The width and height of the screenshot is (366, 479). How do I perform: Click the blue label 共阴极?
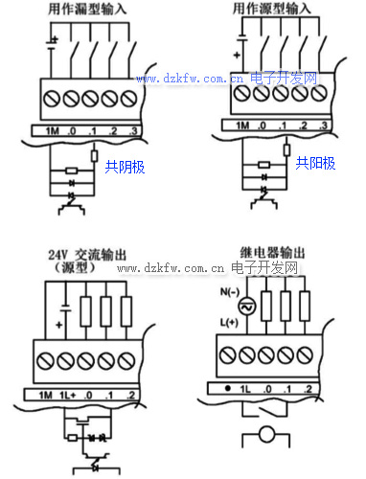click(x=125, y=167)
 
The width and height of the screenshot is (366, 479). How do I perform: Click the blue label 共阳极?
click(x=315, y=163)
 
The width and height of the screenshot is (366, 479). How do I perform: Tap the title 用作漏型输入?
click(x=87, y=9)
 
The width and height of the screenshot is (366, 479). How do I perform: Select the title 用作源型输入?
click(x=271, y=9)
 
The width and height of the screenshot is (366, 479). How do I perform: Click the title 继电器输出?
click(x=272, y=253)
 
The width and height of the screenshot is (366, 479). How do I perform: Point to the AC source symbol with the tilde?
click(x=247, y=307)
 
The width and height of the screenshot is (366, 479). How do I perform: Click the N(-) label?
click(x=230, y=292)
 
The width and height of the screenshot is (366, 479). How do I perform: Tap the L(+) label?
click(x=229, y=323)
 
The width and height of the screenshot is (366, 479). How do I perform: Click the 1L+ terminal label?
click(x=68, y=396)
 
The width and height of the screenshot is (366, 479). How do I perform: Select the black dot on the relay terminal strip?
click(x=228, y=389)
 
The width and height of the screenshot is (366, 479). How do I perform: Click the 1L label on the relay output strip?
click(x=245, y=389)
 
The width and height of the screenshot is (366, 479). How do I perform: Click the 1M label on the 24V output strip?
click(x=45, y=396)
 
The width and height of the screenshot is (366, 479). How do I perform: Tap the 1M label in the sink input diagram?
click(x=53, y=131)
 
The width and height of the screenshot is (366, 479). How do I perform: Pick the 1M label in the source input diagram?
click(x=242, y=125)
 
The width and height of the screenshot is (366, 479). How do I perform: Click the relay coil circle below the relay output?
click(x=266, y=434)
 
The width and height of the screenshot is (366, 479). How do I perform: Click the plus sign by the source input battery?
click(x=237, y=56)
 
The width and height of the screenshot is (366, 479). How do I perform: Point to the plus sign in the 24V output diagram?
click(x=58, y=325)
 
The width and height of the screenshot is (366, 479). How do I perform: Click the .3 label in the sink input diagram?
click(x=133, y=131)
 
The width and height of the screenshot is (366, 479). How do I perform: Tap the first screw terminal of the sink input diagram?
click(x=52, y=99)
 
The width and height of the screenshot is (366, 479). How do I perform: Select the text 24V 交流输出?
click(x=87, y=255)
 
